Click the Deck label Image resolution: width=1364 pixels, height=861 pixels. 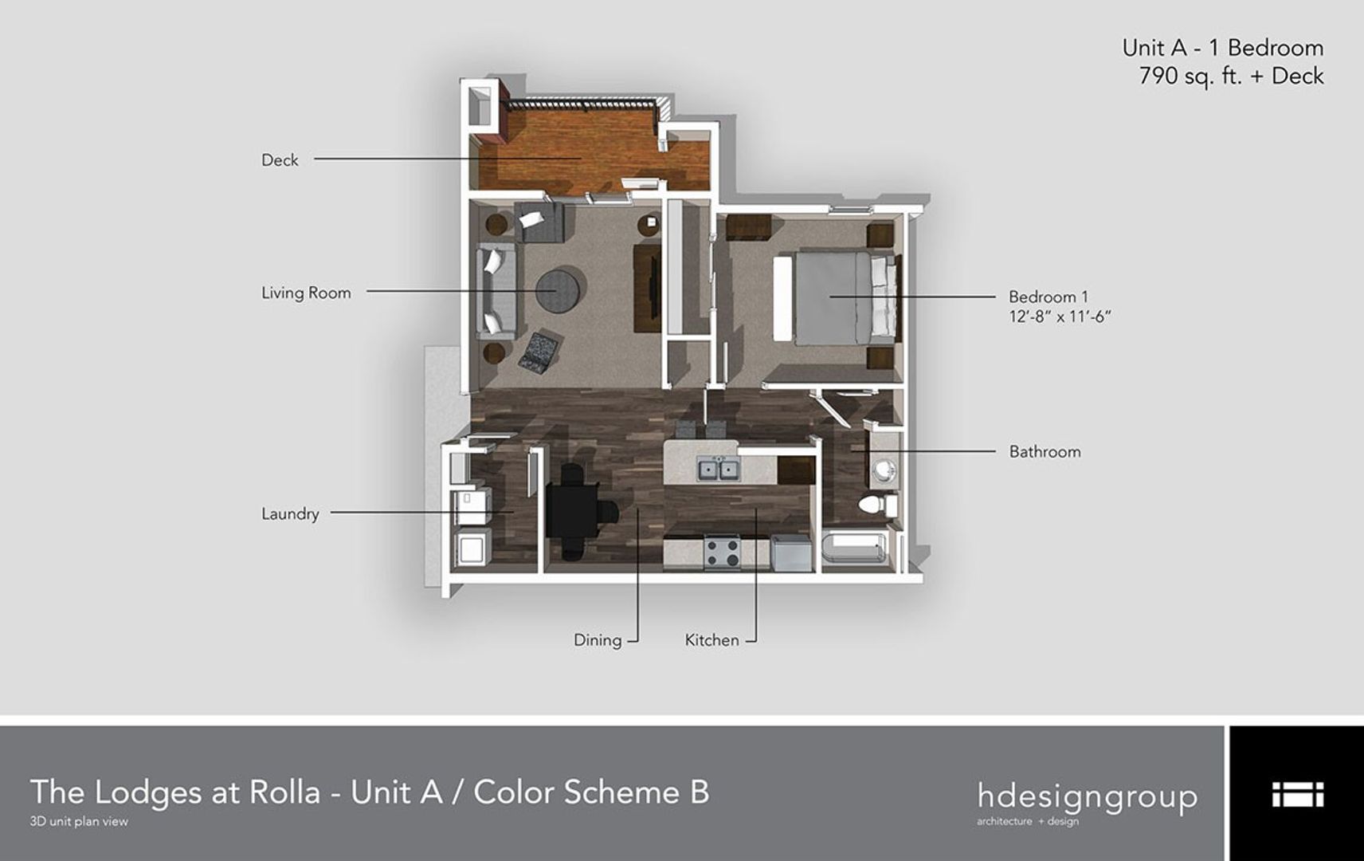280,159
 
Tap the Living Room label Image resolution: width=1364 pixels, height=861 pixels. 306,293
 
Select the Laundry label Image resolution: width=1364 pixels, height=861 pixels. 290,513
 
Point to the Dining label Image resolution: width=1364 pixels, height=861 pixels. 598,639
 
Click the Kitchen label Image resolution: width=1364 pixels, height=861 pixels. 711,639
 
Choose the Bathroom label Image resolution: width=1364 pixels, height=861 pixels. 1045,451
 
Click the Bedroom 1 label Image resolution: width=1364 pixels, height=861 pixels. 1048,297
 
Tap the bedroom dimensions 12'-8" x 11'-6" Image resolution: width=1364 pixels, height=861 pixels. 1060,316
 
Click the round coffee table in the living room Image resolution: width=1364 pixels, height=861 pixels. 561,292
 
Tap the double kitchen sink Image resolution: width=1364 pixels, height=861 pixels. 719,469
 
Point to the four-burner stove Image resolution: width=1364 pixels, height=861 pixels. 723,552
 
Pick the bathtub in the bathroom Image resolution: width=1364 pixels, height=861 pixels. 855,551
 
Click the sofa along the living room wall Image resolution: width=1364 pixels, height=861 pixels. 496,292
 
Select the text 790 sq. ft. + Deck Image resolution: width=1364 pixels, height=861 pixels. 1231,76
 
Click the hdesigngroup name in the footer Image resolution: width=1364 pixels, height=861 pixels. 1087,796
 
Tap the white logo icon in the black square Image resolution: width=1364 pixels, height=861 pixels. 1296,794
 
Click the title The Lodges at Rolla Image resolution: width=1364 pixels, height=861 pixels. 175,792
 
